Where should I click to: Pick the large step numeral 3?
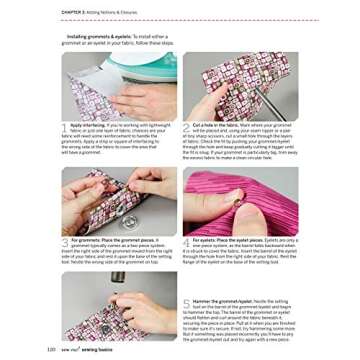point(66,243)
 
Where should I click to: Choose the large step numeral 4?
point(187,243)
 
